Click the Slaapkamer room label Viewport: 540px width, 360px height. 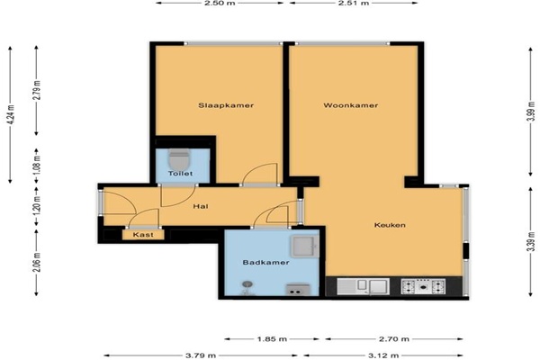coord(226,105)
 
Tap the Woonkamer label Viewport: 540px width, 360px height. coord(351,105)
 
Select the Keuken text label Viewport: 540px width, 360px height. coord(390,225)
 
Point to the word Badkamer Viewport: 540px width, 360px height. coord(265,263)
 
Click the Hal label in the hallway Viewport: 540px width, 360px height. coord(201,206)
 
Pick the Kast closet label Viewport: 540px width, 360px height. coord(143,235)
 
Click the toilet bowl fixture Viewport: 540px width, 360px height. coord(179,159)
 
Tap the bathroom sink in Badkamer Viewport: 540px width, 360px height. coord(304,247)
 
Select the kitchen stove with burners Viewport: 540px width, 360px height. coord(423,286)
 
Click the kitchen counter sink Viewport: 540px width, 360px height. coord(363,286)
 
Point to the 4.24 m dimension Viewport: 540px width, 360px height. coord(11,114)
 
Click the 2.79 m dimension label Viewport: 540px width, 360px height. coord(37,90)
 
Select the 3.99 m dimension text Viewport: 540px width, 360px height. coord(532,112)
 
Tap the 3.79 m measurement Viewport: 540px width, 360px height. coord(201,355)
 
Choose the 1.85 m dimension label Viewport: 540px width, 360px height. coord(272,339)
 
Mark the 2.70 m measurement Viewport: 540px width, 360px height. coord(394,339)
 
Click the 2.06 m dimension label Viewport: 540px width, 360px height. coord(37,262)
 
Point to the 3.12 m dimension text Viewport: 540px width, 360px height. coord(383,355)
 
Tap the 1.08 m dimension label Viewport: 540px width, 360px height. coord(37,165)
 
